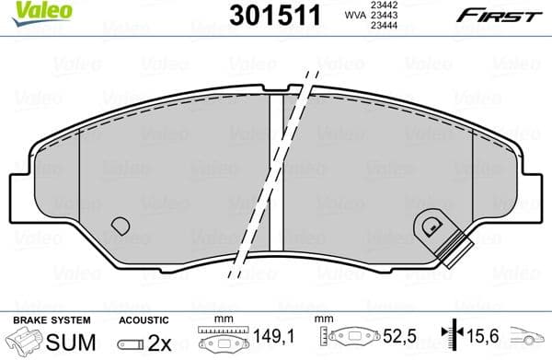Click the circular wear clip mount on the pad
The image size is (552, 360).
[x=429, y=223]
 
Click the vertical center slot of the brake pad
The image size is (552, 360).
[x=275, y=175]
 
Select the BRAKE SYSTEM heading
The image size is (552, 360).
[x=51, y=319]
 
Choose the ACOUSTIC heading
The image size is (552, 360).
[x=143, y=319]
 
